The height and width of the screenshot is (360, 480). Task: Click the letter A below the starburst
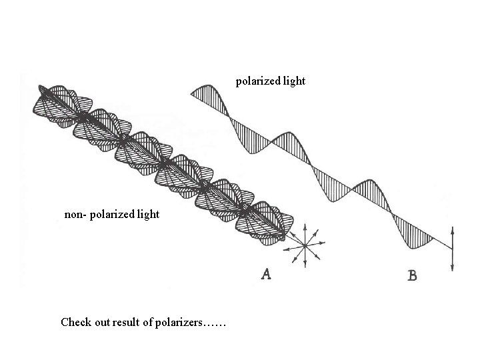266,273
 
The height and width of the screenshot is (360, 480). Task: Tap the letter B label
412,275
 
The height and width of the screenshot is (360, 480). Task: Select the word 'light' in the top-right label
293,81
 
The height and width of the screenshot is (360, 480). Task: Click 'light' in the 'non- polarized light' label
147,215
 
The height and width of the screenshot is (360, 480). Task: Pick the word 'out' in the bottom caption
105,323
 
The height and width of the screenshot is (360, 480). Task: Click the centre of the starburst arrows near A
304,245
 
